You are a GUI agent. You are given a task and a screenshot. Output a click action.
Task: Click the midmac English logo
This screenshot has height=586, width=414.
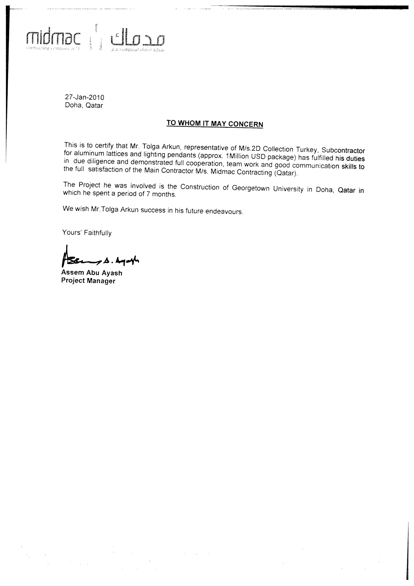[x=53, y=39]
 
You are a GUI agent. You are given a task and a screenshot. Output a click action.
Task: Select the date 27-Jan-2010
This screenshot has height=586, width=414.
[x=84, y=97]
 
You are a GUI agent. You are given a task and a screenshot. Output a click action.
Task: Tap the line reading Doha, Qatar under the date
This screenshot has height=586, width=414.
[x=84, y=105]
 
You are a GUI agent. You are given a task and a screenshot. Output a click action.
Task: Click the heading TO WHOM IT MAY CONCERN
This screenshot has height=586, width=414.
[x=214, y=124]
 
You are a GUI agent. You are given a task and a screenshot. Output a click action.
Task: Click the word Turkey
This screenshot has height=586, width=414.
[x=306, y=149]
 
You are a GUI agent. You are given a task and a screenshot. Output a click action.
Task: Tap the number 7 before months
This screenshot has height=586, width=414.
[x=148, y=194]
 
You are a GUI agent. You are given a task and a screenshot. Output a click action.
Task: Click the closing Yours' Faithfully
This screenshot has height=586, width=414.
[x=87, y=233]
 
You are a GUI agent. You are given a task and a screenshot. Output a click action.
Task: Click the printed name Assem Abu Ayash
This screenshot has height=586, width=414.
[x=92, y=273]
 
